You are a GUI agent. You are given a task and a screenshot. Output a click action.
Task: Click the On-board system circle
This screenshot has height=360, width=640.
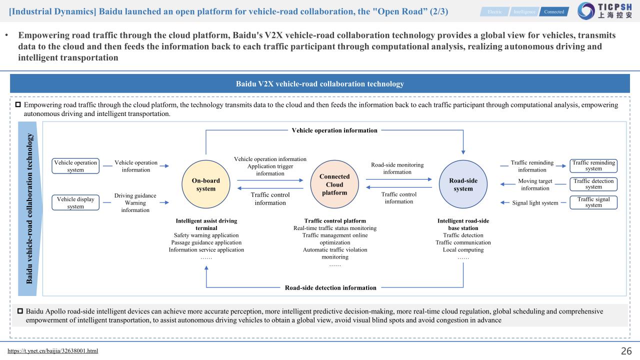(x=206, y=184)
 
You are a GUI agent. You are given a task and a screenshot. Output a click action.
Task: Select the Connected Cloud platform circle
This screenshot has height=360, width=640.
(x=334, y=184)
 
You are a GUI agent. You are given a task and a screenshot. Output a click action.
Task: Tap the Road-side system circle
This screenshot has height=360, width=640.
(x=463, y=184)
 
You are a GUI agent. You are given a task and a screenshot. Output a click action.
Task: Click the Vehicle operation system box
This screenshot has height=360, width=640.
(x=75, y=166)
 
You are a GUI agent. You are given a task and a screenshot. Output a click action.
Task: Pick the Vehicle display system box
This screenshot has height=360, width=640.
(x=75, y=203)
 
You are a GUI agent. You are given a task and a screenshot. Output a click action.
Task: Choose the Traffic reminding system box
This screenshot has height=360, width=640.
(x=593, y=165)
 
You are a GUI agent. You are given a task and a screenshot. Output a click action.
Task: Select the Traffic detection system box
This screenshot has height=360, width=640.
(x=593, y=184)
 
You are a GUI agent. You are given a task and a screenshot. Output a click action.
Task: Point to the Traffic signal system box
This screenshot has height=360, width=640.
(x=593, y=202)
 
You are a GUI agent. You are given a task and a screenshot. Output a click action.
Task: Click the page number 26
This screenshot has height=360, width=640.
(x=626, y=351)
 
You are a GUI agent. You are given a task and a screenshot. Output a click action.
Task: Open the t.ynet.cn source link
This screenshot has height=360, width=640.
(x=53, y=351)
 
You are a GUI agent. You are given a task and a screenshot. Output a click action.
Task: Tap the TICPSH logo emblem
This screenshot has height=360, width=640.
(x=586, y=11)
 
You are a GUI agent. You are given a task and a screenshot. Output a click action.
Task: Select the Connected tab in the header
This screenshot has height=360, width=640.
(x=554, y=11)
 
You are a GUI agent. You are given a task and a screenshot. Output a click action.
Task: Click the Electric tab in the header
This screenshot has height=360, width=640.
(x=495, y=11)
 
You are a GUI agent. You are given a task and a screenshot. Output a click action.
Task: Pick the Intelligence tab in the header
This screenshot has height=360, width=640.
(x=524, y=11)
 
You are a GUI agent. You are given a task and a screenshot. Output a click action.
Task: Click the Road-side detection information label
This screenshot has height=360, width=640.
(x=330, y=287)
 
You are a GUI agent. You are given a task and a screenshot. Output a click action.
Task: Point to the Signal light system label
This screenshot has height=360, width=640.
(x=535, y=203)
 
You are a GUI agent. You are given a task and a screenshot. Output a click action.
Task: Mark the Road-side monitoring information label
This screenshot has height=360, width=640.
(x=397, y=168)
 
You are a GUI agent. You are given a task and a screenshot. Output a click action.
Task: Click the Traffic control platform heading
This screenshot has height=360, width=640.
(x=335, y=221)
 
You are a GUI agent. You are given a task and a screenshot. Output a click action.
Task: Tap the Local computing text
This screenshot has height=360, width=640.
(x=463, y=249)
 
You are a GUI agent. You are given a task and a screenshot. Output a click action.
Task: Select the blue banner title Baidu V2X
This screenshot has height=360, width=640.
(x=320, y=83)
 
